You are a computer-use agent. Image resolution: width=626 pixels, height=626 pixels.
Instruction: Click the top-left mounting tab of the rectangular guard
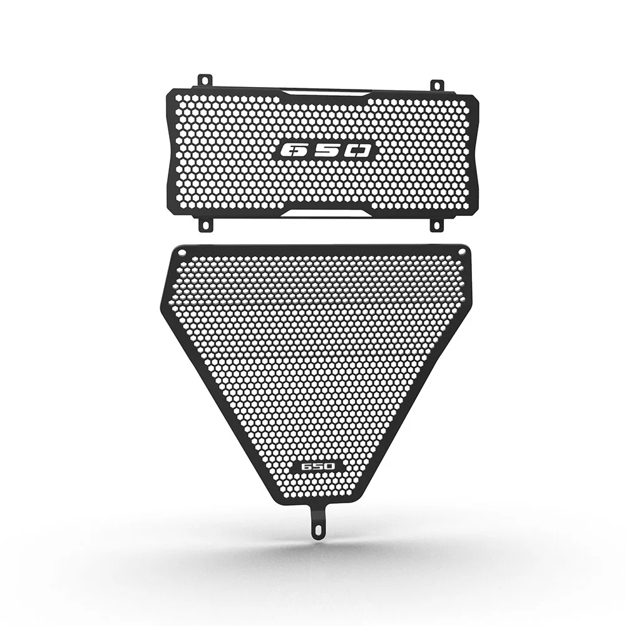point(205,80)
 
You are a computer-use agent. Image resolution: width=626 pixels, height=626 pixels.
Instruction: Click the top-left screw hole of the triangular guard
point(182,252)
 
